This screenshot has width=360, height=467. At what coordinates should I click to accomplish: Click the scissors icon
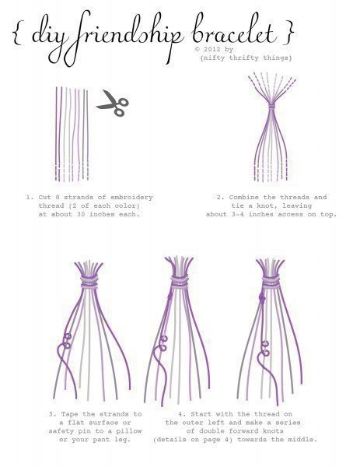113,104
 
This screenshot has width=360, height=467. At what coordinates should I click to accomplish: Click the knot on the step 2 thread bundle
272,106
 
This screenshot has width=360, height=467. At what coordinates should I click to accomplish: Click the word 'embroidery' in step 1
131,198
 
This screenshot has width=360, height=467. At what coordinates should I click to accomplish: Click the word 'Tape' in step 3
70,414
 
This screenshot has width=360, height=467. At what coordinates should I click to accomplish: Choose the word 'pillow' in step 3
129,431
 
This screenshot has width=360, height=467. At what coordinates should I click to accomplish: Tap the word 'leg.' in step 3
123,440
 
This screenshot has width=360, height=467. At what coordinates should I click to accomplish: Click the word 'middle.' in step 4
302,439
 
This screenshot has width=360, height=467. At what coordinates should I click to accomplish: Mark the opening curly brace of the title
17,33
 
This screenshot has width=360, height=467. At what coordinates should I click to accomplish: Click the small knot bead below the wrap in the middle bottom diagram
170,296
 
